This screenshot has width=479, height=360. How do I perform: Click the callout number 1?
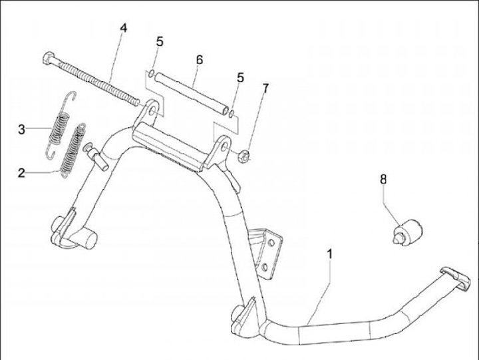click(329, 254)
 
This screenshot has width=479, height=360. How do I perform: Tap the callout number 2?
click(22, 173)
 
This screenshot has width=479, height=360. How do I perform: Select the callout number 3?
click(22, 129)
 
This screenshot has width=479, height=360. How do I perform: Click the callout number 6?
click(199, 60)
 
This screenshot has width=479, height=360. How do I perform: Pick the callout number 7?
click(266, 88)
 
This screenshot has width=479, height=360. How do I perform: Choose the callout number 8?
click(383, 178)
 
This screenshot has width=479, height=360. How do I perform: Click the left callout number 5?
click(160, 41)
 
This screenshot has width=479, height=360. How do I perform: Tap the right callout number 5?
click(240, 78)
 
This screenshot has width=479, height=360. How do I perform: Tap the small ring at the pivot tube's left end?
click(152, 73)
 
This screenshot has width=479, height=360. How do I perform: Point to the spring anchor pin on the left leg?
click(100, 158)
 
